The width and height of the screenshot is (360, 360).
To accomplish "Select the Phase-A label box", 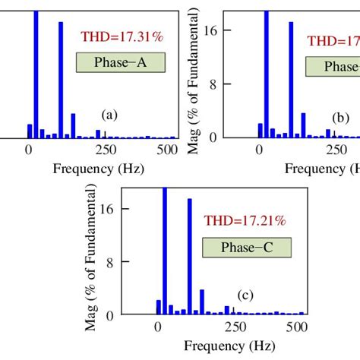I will click(x=119, y=64).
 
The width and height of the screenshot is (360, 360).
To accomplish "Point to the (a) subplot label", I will click(x=109, y=115).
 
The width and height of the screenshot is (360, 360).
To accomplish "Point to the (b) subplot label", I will click(x=340, y=118).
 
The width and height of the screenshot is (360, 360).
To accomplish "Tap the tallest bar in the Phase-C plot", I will click(x=165, y=251).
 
